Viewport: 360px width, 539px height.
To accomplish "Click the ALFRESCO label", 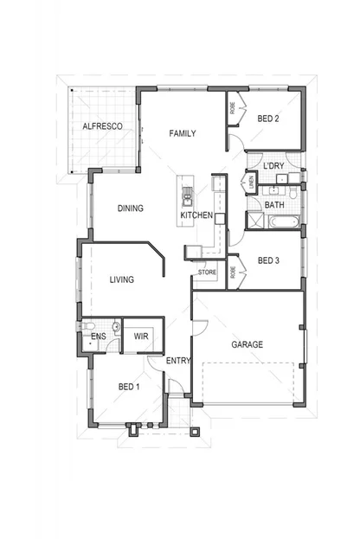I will point(101,126).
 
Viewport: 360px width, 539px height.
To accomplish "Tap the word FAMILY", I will point(182,134).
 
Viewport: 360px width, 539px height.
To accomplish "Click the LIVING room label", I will point(121,279).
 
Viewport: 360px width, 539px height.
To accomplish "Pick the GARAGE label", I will point(247,344).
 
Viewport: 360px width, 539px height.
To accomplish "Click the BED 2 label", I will point(267,119).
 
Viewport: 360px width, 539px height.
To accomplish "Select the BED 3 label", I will point(268,260).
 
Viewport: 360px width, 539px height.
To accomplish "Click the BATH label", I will point(274,205).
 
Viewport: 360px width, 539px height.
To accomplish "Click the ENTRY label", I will point(178,361).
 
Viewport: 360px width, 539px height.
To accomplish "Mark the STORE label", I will point(207,273).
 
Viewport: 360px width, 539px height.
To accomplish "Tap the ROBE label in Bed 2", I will point(233,109).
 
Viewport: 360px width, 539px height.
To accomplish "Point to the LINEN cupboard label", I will point(252,183).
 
